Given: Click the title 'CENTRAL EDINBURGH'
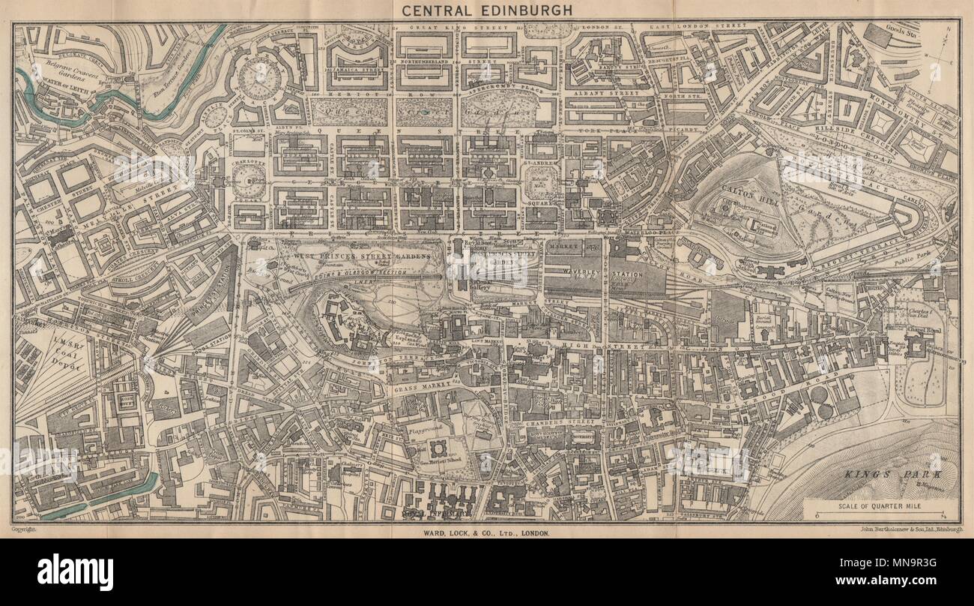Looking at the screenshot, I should coord(486,10).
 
